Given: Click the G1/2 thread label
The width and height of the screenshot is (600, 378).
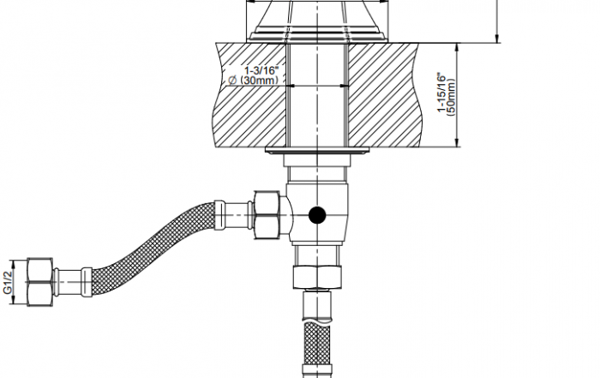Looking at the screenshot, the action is click(8, 282).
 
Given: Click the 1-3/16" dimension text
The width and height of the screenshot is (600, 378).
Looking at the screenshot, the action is click(261, 70).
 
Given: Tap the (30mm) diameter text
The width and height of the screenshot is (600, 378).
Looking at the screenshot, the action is click(258, 81).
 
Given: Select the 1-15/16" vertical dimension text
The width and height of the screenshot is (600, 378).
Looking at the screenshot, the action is click(442, 93).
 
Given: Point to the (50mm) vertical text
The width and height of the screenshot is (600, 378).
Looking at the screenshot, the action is click(451, 97).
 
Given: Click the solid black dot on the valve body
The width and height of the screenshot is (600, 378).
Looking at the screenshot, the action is click(317, 215).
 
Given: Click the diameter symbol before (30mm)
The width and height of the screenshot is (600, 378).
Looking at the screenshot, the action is click(232, 81).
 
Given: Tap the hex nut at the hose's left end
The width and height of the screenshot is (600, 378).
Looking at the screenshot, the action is click(39, 282).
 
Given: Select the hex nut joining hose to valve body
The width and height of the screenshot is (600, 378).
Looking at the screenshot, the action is click(267, 215).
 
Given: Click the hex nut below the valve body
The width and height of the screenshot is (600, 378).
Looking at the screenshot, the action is click(317, 277).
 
